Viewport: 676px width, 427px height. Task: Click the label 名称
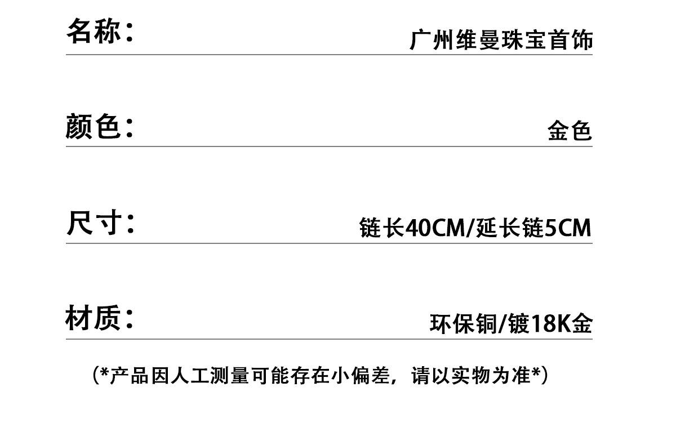[x=94, y=31]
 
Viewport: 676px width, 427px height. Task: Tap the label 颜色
[x=93, y=126]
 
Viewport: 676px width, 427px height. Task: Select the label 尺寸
[x=94, y=223]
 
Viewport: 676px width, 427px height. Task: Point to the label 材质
[x=93, y=318]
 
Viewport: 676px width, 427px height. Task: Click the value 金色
[x=570, y=130]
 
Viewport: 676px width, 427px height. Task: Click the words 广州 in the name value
[x=432, y=39]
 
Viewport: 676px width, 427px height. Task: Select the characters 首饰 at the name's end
[x=571, y=39]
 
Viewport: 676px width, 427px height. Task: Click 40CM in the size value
[x=435, y=228]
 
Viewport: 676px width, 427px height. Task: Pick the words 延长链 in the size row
[x=510, y=227]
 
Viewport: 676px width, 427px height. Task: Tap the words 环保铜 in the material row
[x=464, y=323]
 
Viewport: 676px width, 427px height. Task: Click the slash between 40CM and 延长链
[x=470, y=228]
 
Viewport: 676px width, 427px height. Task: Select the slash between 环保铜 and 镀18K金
[x=502, y=324]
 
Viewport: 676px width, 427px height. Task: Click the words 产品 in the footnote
[x=129, y=376]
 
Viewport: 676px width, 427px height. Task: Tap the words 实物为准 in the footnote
[x=491, y=376]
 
